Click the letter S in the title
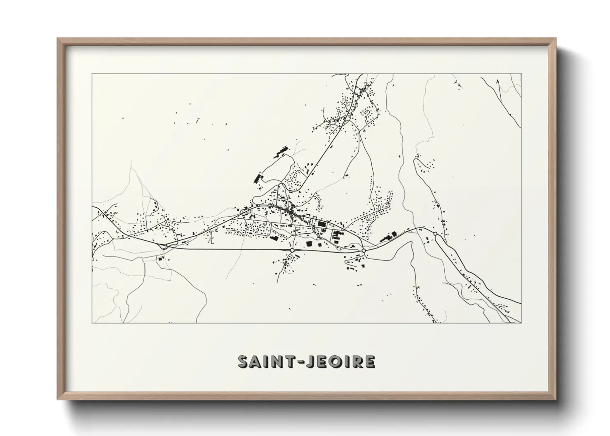244,361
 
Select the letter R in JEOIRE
357,361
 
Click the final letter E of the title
370,361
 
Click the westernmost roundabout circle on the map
292,250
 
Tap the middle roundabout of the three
364,250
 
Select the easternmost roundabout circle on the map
435,234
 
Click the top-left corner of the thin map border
92,74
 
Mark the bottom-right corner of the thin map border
521,323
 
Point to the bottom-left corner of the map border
92,323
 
